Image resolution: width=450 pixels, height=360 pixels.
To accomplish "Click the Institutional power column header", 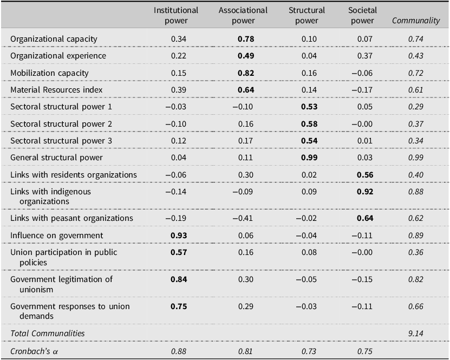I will point(176,15).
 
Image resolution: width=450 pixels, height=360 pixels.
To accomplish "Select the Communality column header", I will point(415,21).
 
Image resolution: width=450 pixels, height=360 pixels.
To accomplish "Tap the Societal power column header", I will point(362,15).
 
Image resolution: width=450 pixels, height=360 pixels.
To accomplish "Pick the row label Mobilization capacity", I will point(49,73).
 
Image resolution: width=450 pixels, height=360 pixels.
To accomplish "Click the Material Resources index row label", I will point(57,90).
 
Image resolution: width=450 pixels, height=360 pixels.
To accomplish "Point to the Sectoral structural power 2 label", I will point(61,124).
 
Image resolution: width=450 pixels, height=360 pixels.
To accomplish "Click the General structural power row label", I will point(56,158).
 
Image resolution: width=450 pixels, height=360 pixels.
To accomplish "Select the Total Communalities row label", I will point(48,333).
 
